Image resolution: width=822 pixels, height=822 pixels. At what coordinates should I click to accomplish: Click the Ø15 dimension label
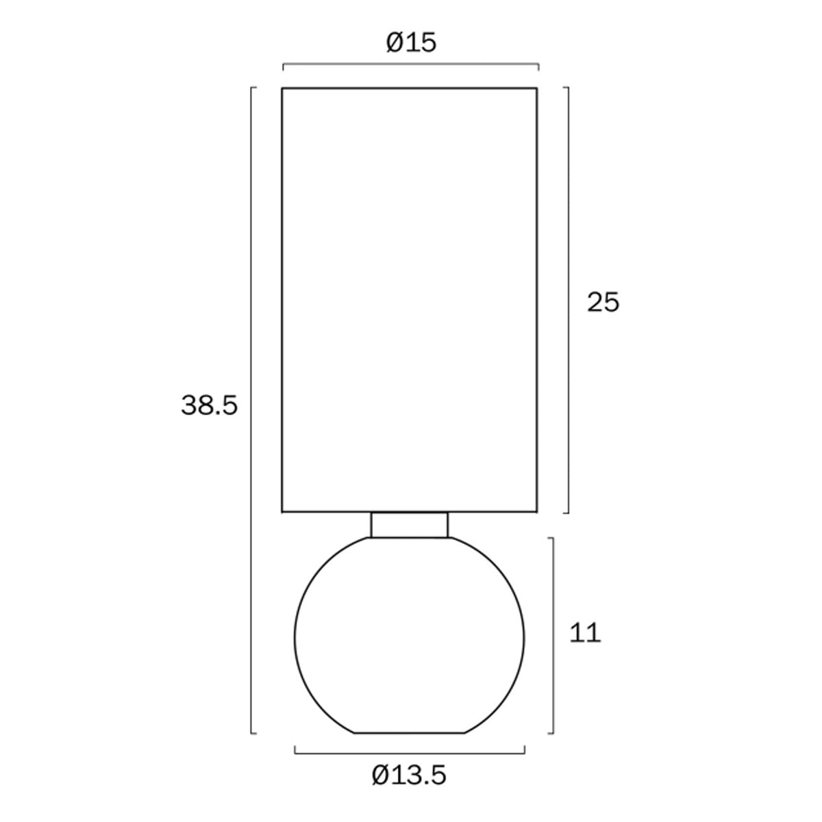click(x=411, y=42)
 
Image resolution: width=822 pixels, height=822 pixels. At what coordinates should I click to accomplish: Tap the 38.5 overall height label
click(x=209, y=405)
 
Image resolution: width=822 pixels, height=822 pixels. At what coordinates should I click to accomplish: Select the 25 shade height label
click(x=603, y=303)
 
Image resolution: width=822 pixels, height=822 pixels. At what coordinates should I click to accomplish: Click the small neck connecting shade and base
click(x=410, y=525)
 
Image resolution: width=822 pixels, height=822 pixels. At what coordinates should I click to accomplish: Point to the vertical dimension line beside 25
click(x=568, y=300)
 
